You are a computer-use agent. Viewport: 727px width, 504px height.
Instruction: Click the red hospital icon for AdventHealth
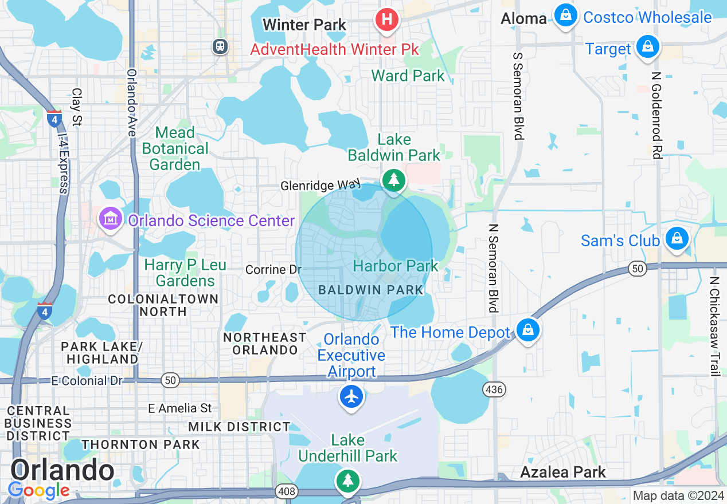click(x=387, y=19)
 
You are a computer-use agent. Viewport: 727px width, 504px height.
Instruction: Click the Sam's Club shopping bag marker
click(x=677, y=238)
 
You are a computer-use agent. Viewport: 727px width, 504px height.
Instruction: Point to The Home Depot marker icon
click(x=527, y=330)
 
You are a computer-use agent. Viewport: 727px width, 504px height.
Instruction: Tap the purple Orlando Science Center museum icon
click(x=110, y=219)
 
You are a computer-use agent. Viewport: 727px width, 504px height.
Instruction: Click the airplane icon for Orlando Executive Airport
click(x=351, y=396)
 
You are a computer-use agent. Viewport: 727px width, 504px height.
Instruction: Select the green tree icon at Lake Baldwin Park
click(x=393, y=180)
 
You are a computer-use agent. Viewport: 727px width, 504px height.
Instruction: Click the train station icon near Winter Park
click(x=220, y=46)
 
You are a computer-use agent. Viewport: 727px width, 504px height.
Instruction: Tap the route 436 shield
click(x=494, y=390)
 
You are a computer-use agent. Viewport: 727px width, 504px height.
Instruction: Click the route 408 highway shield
click(x=286, y=490)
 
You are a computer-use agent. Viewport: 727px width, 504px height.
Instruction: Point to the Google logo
click(x=38, y=490)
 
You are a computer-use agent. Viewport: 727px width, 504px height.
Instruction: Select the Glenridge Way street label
click(x=320, y=186)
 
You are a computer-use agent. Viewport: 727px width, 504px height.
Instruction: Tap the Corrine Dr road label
click(x=273, y=269)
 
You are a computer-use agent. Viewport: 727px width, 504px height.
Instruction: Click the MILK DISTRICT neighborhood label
click(x=239, y=427)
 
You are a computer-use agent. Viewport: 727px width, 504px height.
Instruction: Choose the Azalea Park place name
click(x=562, y=472)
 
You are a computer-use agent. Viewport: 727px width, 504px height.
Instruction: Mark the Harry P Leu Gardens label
click(x=185, y=273)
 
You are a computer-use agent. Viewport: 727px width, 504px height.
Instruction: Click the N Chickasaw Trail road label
click(x=714, y=326)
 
